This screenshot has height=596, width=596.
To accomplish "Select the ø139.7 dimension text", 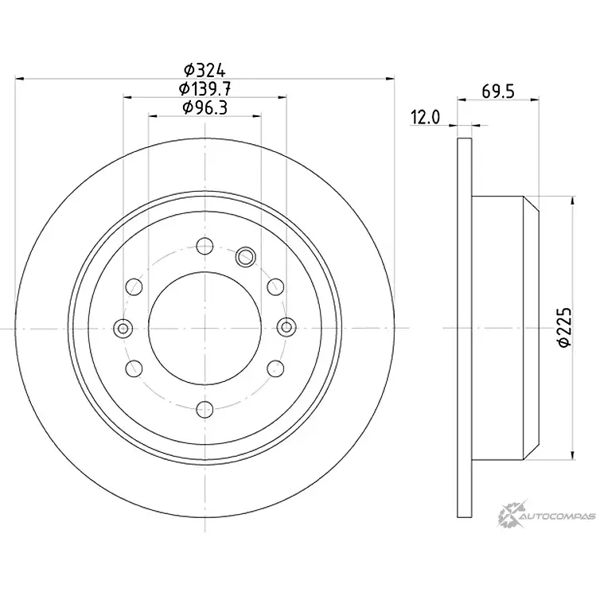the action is coord(205,89).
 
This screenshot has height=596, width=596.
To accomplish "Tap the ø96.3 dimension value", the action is coord(205,107).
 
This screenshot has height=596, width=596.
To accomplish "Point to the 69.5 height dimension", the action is coord(498,92).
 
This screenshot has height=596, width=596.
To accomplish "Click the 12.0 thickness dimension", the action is coord(425,118).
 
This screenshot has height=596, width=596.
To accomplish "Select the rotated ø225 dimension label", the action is coord(564,327).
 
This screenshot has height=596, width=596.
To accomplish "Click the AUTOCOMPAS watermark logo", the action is coord(546,516).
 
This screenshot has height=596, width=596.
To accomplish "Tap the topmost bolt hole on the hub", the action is coord(205,246).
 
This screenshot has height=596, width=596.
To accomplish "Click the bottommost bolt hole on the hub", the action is coord(205,409).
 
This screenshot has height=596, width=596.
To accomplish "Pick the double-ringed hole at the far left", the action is coord(123,328).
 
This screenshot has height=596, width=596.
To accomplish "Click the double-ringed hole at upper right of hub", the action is coord(245,257).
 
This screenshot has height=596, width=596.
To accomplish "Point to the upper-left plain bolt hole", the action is coord(134,286).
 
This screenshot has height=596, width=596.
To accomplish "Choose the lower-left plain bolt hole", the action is coord(134,368).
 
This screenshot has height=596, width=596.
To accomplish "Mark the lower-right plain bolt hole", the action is coord(275,368).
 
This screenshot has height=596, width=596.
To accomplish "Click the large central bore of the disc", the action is coord(205,328).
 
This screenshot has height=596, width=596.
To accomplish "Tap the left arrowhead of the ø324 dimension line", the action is coord(19,79).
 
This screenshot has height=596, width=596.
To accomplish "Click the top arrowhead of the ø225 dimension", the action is coord(571,201).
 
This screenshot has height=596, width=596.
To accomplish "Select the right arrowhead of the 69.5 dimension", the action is coord(535,99).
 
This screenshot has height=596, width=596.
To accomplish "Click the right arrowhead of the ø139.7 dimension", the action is coord(282,97).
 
